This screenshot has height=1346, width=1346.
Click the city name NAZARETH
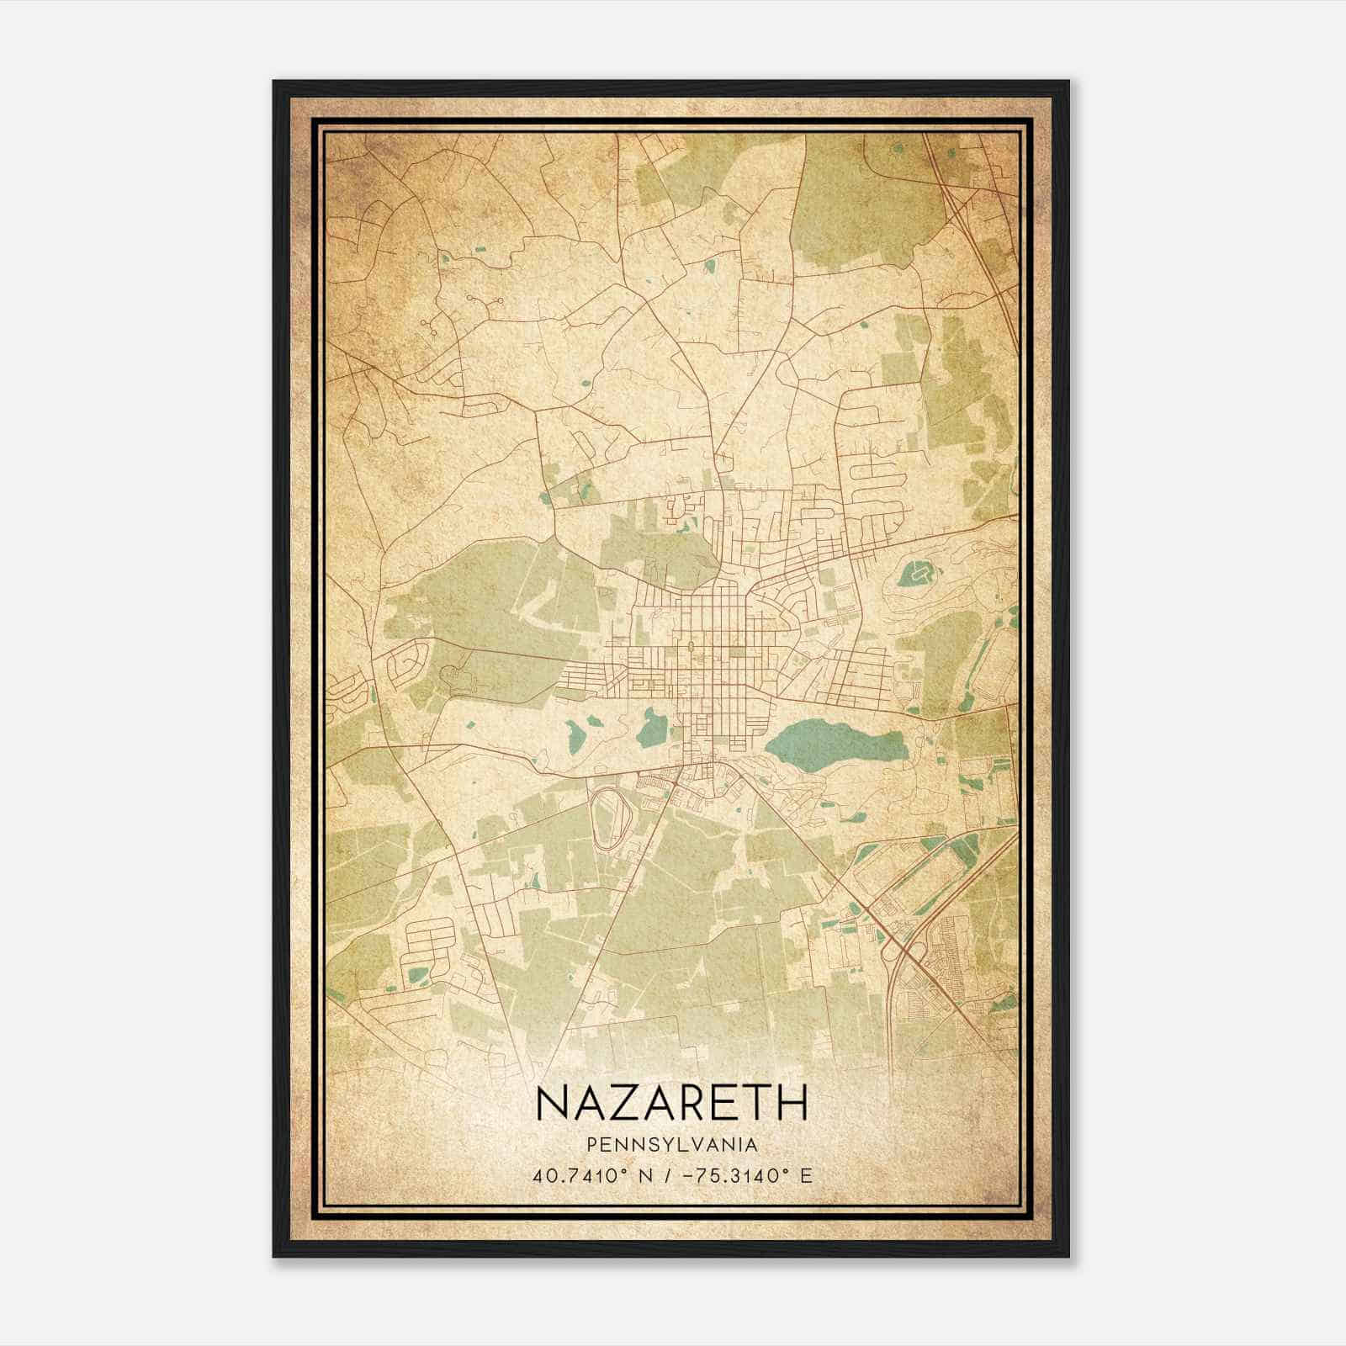pos(671,1102)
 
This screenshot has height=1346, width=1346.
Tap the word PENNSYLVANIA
pos(671,1145)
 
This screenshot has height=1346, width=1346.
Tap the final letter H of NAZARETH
pos(792,1102)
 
